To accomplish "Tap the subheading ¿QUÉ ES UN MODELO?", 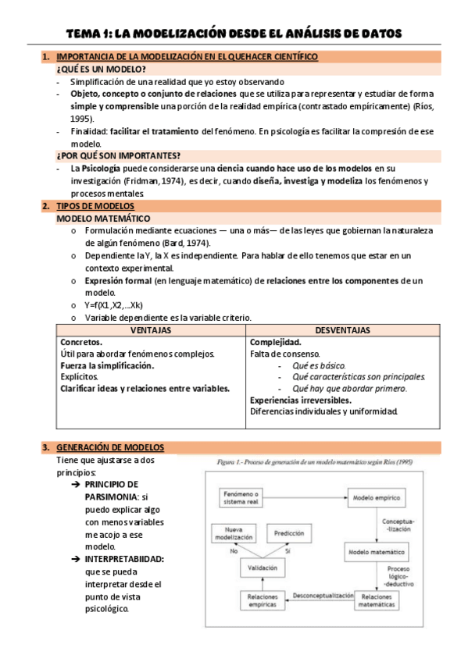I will [101, 69].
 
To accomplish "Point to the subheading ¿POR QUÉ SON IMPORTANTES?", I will [118, 155].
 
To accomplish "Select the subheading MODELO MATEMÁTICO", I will [103, 219].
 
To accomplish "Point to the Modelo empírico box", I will [373, 496].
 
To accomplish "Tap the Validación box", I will [266, 568].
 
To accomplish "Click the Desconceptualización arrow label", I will [322, 596].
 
